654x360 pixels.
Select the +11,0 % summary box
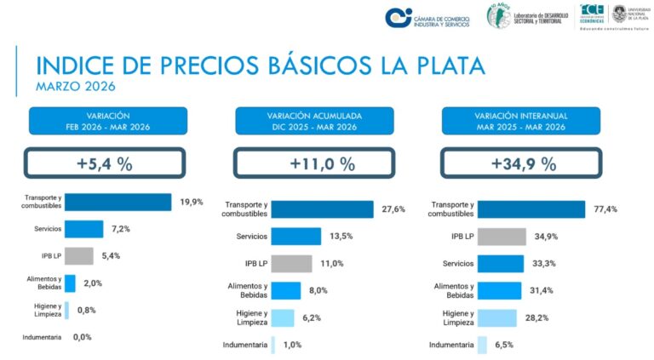click(x=313, y=163)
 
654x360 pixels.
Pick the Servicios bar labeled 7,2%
click(x=84, y=229)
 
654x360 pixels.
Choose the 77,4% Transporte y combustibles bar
click(x=531, y=209)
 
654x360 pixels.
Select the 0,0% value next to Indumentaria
click(x=83, y=337)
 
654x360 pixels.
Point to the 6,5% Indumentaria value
click(x=504, y=345)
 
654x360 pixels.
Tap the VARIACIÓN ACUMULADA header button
click(x=313, y=121)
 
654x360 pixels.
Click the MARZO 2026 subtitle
click(x=75, y=86)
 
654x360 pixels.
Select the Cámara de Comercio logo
click(x=423, y=17)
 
